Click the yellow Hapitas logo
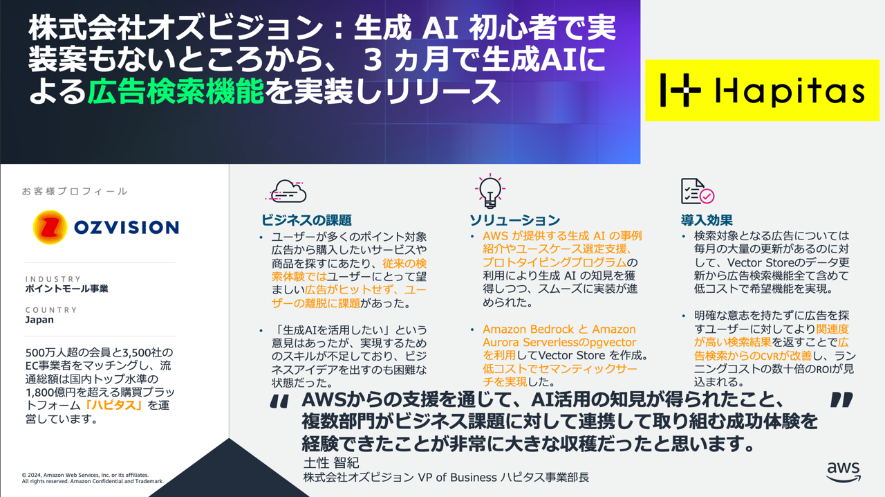(762, 90)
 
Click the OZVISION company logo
(106, 227)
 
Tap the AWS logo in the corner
(844, 471)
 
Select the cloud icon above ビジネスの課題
(286, 190)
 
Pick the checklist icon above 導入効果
(697, 192)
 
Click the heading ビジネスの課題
(306, 220)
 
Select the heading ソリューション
(514, 220)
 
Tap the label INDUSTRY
(53, 279)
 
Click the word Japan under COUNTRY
(39, 320)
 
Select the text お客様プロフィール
(75, 191)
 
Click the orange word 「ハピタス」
(114, 405)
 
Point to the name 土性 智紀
(331, 462)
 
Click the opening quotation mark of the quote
(279, 402)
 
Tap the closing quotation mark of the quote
(841, 400)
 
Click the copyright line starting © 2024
(84, 476)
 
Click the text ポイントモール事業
(66, 289)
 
